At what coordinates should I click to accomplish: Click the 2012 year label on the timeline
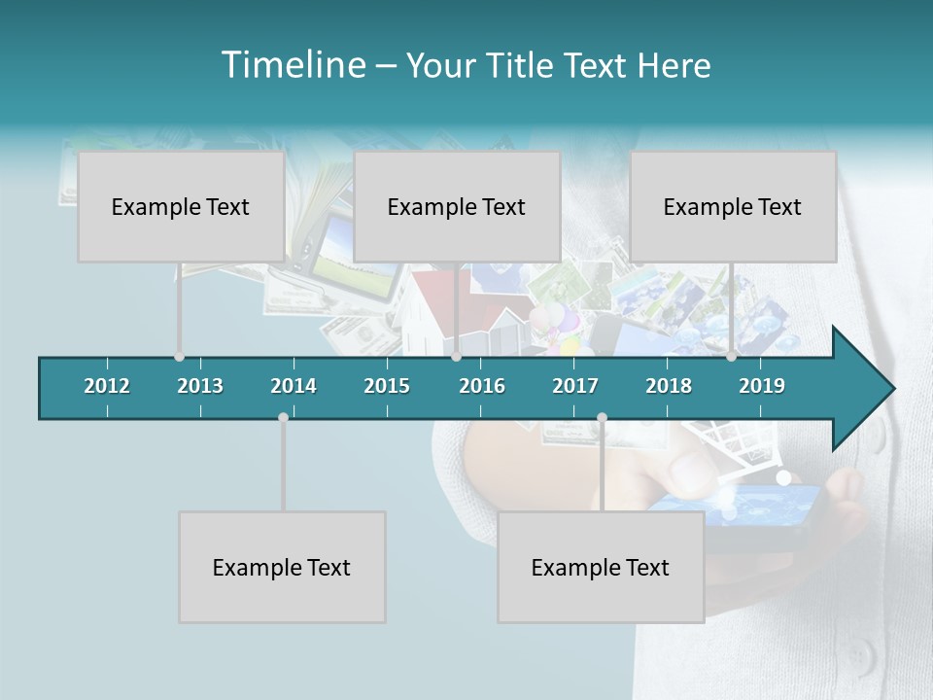point(107,386)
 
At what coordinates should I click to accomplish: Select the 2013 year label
point(200,386)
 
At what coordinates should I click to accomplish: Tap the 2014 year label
point(294,386)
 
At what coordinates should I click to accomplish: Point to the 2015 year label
point(387,386)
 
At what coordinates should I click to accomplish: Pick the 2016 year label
point(482,386)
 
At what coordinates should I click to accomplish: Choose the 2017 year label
point(575,386)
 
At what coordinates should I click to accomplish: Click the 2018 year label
point(669,386)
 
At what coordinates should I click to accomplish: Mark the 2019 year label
point(762,386)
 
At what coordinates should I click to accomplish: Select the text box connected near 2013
point(181,206)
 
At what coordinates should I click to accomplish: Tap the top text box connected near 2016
point(457,206)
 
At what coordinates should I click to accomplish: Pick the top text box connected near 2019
point(733,206)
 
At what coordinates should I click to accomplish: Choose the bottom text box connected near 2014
point(282,567)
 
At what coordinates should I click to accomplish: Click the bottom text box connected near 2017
point(601,567)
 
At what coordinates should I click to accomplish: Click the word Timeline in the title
point(293,65)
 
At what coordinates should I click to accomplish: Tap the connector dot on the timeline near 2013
point(179,357)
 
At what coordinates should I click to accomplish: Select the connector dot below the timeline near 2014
point(283,417)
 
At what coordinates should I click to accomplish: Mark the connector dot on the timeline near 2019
point(731,357)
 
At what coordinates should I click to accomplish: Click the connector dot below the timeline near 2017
point(602,417)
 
